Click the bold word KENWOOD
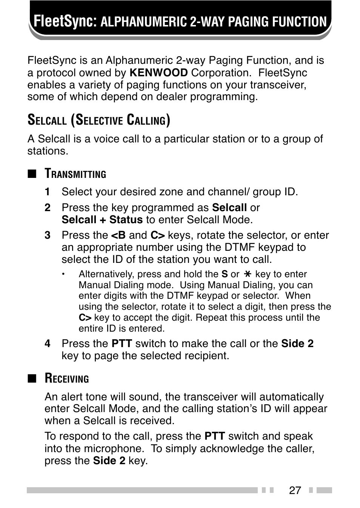158,73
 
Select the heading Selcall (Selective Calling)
98,120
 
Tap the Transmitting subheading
75,174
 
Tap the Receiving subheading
67,378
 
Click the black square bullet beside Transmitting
32,174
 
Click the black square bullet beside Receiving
32,379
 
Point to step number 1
47,192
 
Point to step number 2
47,208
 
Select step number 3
47,235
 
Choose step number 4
47,344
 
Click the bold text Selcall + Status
102,220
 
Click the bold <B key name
118,235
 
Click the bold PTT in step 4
122,344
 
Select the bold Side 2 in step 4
297,344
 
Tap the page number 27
295,490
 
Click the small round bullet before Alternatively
64,274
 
